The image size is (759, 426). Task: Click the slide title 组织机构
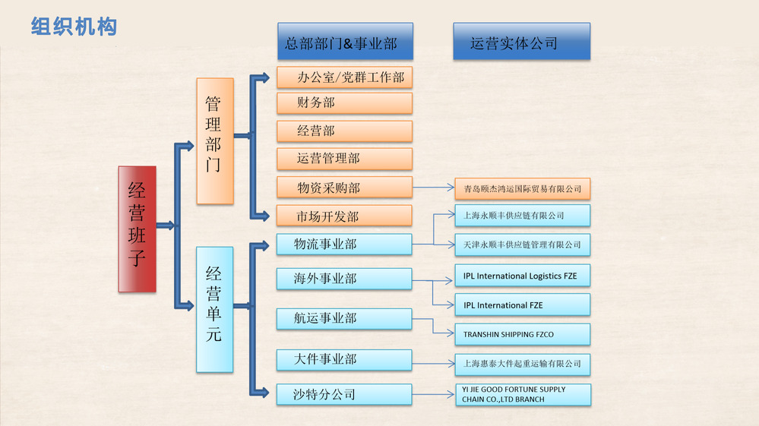[x=74, y=27]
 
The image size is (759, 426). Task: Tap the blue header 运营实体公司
[x=521, y=43]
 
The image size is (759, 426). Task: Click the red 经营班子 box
[x=137, y=229]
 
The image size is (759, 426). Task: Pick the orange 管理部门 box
[x=214, y=140]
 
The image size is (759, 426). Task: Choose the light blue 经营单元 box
[x=214, y=309]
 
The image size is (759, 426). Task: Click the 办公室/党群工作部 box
[x=344, y=77]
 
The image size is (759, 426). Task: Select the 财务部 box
[x=344, y=103]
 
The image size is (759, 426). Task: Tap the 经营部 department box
[x=344, y=131]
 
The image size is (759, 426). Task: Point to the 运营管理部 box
[x=344, y=159]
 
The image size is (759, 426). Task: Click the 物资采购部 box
[x=344, y=187]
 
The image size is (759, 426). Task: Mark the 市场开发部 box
[x=344, y=216]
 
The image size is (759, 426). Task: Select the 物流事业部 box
[x=344, y=244]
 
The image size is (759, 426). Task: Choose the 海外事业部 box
[x=344, y=279]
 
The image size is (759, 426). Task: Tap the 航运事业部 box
[x=344, y=318]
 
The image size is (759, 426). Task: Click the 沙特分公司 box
[x=344, y=394]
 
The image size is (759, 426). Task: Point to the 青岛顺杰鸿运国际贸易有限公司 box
[x=522, y=188]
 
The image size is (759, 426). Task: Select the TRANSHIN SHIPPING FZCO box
[x=522, y=334]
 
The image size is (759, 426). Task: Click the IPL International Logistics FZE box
[x=522, y=276]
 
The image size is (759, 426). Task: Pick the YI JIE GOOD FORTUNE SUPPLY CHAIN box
[x=522, y=394]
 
